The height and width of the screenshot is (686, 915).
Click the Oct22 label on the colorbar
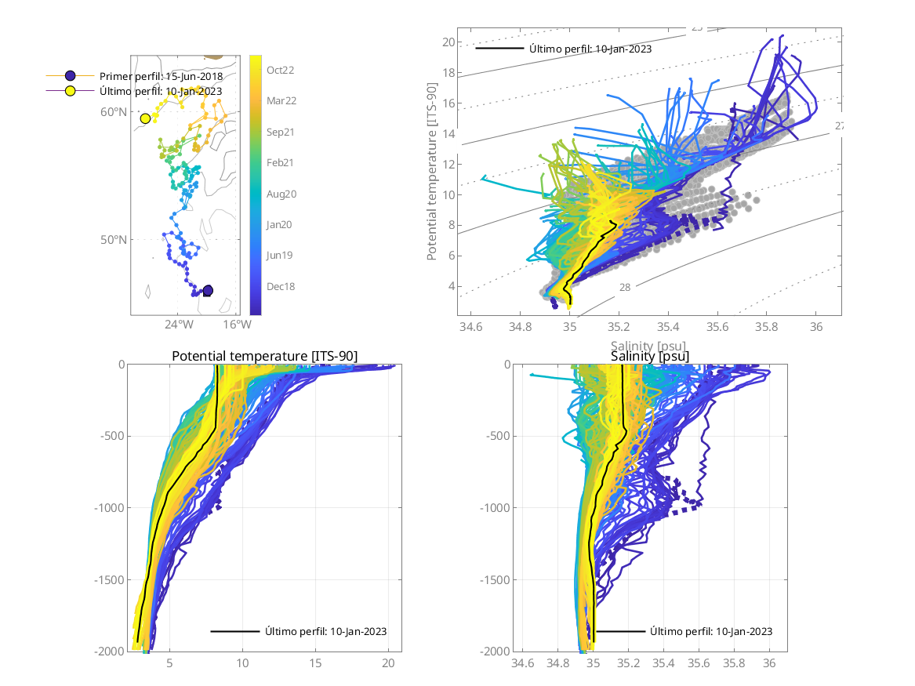tap(280, 70)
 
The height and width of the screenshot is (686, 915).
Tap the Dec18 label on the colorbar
tap(280, 286)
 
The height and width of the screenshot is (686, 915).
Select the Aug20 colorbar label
tap(280, 194)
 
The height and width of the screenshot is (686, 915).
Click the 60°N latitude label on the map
tap(114, 112)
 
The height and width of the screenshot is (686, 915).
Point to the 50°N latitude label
tap(114, 239)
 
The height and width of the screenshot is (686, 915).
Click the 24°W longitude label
tap(179, 324)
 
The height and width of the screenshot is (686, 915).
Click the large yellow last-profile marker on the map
tap(145, 118)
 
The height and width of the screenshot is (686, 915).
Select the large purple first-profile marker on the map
tap(208, 291)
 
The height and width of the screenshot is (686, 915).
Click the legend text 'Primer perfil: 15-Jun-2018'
tap(161, 76)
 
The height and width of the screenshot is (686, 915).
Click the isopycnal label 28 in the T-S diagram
tap(625, 288)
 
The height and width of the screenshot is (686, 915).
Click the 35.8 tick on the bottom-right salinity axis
tap(734, 663)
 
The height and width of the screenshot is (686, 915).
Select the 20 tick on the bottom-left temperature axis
tap(388, 663)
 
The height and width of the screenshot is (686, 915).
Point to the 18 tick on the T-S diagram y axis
tap(448, 72)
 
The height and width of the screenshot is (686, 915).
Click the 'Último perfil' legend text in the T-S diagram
tap(590, 49)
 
